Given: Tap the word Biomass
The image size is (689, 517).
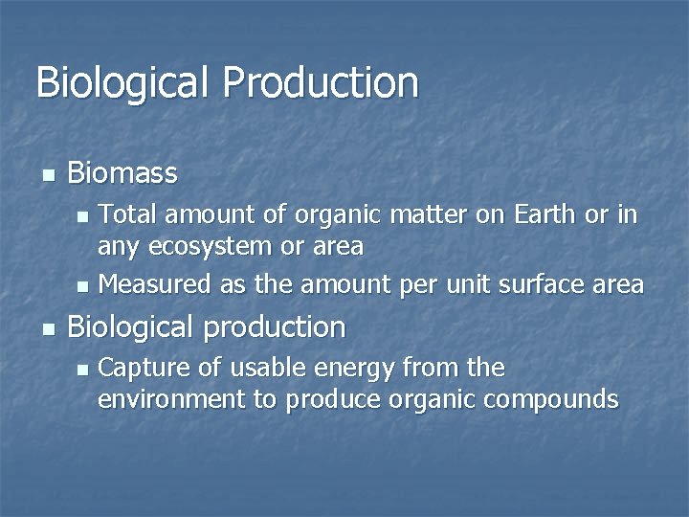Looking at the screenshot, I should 122,173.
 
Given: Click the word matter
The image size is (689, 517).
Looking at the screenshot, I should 427,215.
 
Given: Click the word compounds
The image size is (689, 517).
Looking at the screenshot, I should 552,400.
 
